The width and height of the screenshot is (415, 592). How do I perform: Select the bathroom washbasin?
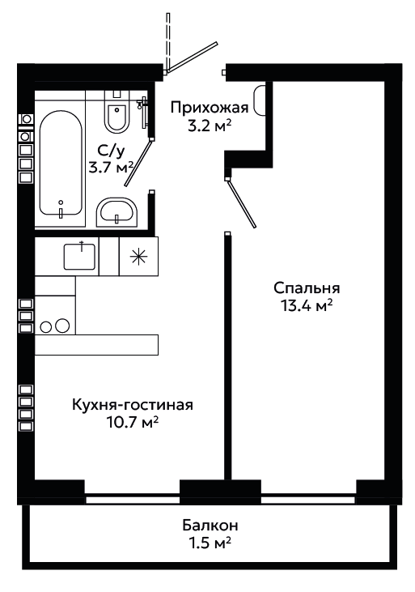tap(117, 212)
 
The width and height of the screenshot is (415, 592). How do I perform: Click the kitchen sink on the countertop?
tap(79, 256)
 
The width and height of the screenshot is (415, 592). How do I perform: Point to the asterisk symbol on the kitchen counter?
tap(139, 257)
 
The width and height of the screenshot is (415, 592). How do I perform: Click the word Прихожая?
tap(210, 108)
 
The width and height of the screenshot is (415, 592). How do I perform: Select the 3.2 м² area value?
tap(210, 126)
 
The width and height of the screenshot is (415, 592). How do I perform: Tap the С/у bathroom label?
tap(111, 151)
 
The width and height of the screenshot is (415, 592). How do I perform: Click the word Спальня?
tap(307, 288)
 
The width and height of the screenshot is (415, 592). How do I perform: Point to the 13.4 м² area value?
tap(307, 306)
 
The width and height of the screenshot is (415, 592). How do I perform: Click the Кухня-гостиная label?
tap(133, 405)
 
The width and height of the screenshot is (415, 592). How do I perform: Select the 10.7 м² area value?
tap(132, 423)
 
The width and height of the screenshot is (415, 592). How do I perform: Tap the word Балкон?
tap(210, 525)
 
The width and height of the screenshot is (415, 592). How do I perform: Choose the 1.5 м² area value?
tap(210, 543)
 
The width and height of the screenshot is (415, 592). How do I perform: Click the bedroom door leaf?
tap(241, 203)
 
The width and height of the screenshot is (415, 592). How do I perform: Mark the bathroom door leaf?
tap(139, 162)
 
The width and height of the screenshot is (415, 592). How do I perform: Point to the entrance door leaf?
tap(191, 57)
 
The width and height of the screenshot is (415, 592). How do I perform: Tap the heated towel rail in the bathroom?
tap(143, 113)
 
